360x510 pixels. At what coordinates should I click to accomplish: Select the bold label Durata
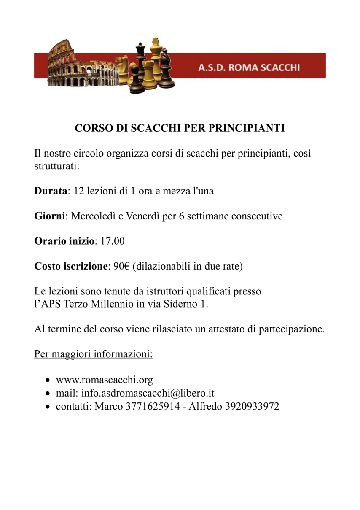point(51,191)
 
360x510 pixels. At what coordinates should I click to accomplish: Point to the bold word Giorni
point(50,216)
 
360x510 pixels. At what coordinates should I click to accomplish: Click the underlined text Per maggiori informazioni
point(93,353)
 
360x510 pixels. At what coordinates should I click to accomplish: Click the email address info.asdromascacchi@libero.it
point(148,393)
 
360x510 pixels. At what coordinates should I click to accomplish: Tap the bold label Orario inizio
point(64,242)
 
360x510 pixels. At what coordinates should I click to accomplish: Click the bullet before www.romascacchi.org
point(49,380)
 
